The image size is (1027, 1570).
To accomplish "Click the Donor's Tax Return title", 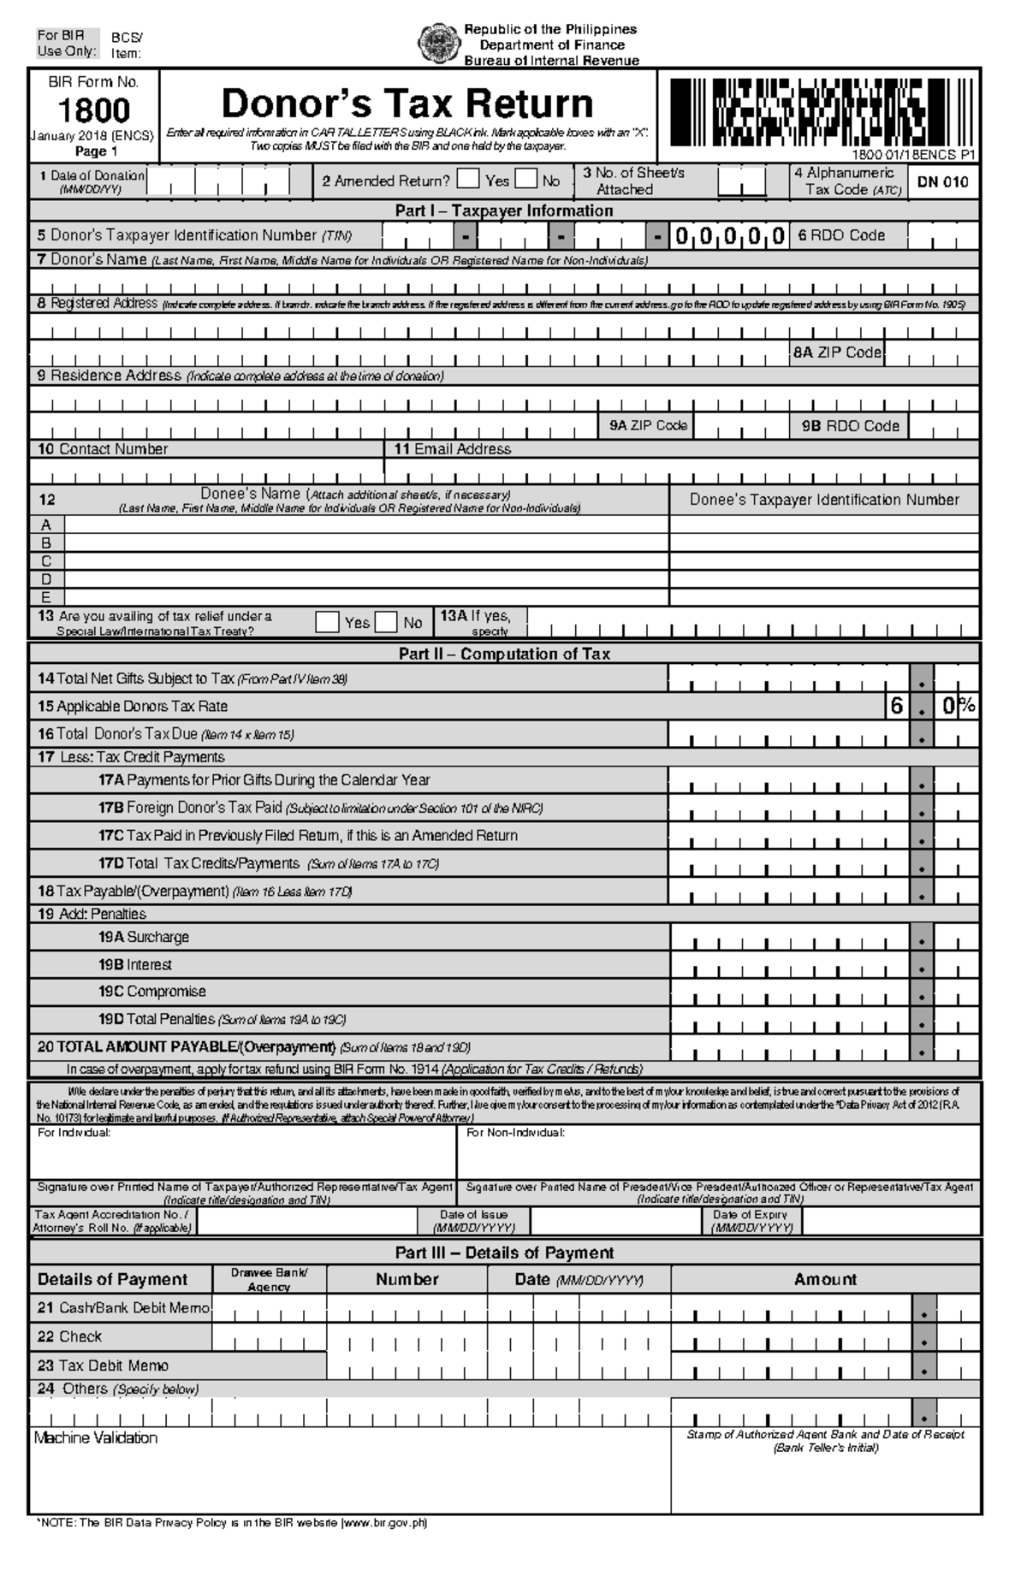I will (407, 104).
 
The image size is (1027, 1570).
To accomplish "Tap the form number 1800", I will (93, 110).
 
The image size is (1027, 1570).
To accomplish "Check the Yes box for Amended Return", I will (468, 179).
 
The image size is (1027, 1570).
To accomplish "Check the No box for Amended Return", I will (525, 179).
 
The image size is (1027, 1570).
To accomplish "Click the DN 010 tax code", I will (942, 182).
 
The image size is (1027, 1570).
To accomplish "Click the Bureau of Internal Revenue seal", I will (437, 44).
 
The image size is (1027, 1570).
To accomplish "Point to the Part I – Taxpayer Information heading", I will (503, 210).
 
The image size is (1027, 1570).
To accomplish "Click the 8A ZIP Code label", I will (836, 353).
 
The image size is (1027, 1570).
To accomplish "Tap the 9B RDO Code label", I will (850, 426).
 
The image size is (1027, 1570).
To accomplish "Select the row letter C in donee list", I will (47, 561).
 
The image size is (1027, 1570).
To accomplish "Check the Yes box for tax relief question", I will (327, 622).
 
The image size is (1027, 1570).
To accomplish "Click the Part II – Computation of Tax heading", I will (503, 654).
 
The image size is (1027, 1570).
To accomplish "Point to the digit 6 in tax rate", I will (896, 706).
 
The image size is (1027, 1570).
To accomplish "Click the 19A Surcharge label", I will (143, 937).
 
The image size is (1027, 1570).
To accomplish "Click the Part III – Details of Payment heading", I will (503, 1253).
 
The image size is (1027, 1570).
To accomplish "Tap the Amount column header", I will (824, 1279).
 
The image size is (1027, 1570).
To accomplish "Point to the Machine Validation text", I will (96, 1438).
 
